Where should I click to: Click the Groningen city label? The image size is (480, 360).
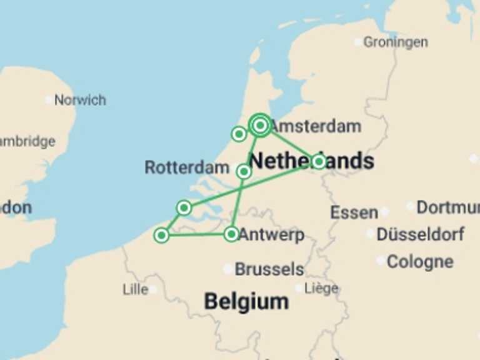point(395,42)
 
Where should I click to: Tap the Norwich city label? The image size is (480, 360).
point(79,100)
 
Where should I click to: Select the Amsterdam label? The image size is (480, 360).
point(316,126)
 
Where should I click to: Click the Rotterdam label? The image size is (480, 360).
point(187,167)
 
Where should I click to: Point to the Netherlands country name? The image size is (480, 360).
point(312,161)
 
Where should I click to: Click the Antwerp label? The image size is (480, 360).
point(272,235)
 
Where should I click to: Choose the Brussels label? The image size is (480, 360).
point(269,269)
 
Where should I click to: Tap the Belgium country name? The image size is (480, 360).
point(246,302)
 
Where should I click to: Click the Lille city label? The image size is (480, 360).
point(135,289)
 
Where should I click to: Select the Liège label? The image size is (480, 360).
point(321,288)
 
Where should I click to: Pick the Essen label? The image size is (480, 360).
point(354,212)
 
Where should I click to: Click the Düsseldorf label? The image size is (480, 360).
point(421,234)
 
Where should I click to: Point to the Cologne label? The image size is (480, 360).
point(420,261)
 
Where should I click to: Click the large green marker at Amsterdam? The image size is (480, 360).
point(260,126)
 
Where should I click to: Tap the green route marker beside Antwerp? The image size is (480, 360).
point(231,234)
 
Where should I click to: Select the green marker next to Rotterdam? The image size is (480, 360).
point(244,171)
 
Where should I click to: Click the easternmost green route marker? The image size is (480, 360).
point(319,162)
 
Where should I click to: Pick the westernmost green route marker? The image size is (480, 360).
point(161,235)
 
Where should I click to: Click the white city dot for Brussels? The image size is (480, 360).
point(228,269)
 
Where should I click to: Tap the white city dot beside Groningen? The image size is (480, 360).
point(357,42)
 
